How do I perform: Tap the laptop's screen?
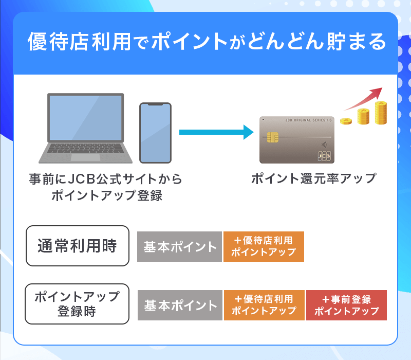[85, 119]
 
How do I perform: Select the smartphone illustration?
[155, 133]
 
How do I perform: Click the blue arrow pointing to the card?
[216, 132]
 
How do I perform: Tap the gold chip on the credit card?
[273, 138]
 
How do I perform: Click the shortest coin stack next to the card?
[348, 121]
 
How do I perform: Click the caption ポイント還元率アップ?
[313, 179]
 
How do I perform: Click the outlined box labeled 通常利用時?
[78, 246]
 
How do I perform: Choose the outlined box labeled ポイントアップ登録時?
[77, 304]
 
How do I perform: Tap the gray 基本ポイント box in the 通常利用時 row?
[179, 247]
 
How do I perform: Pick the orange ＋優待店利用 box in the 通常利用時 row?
[264, 247]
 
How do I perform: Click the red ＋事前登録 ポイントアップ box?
[346, 305]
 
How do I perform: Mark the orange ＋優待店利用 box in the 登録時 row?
[264, 305]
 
